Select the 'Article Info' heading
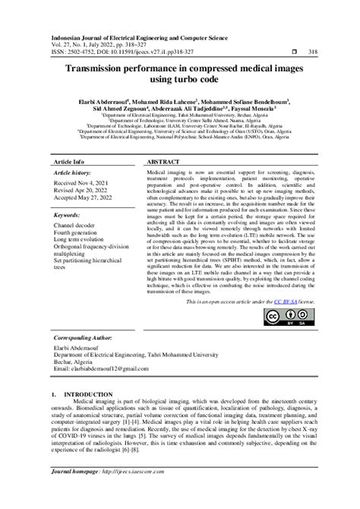pyautogui.click(x=69, y=163)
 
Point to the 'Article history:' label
pyautogui.click(x=72, y=173)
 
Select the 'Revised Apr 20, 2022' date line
pyautogui.click(x=83, y=193)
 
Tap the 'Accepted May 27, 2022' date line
pyautogui.click(x=85, y=201)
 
